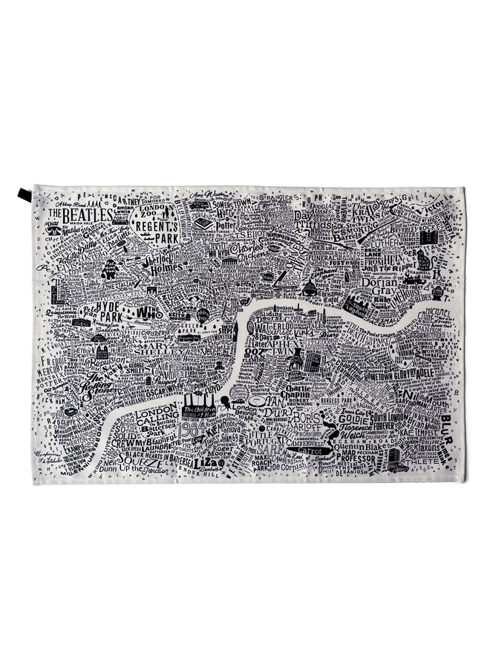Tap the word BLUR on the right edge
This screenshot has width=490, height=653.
[x=445, y=423]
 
